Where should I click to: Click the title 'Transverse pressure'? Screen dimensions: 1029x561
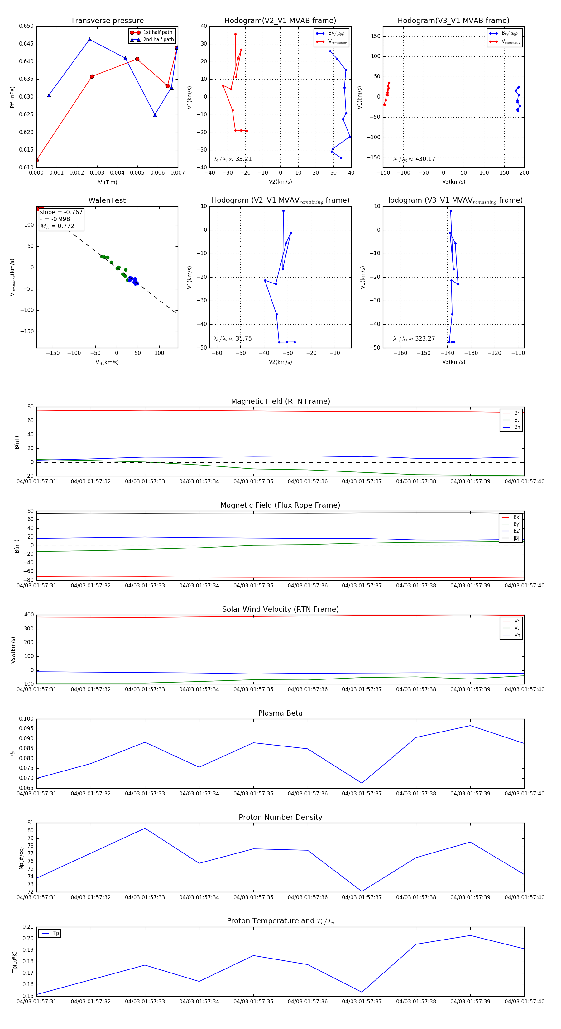[x=107, y=21]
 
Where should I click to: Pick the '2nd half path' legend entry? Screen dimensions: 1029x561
[x=158, y=40]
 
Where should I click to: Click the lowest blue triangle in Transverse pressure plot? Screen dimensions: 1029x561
[x=155, y=115]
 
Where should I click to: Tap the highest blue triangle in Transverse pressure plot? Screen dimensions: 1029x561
[x=89, y=40]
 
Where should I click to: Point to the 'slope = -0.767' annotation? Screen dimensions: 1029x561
[x=61, y=212]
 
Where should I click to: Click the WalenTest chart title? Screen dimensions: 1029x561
[x=107, y=200]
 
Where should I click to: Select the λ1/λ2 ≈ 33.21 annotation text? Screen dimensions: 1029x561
[x=233, y=159]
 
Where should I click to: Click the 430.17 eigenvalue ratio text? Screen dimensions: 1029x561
[x=425, y=159]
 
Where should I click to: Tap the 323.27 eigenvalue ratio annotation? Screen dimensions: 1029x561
[x=425, y=339]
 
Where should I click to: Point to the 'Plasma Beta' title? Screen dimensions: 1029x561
[x=280, y=713]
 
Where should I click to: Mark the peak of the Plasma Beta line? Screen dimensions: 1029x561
[x=470, y=725]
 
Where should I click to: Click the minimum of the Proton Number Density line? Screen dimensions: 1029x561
[x=362, y=891]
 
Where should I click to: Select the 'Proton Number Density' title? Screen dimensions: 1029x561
[x=280, y=817]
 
